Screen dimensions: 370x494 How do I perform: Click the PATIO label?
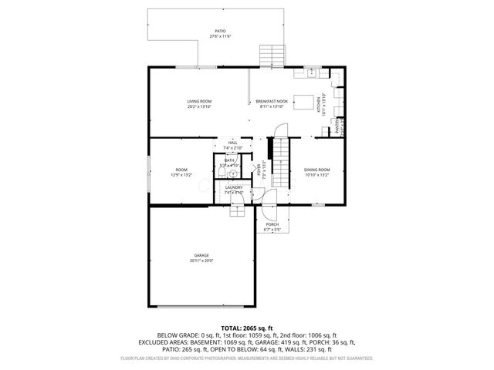[x=222, y=32]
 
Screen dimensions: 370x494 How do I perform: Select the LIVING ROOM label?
[x=199, y=102]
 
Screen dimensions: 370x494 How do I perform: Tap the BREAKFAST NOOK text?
[x=272, y=102]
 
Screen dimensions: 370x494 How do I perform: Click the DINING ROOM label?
[x=316, y=170]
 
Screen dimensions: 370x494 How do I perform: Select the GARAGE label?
[x=201, y=255]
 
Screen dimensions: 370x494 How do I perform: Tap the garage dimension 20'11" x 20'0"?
[x=201, y=261]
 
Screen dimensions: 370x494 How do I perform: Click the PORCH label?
[x=272, y=224]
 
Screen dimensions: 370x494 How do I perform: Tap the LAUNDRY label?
[x=234, y=187]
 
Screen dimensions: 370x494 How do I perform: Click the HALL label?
[x=232, y=143]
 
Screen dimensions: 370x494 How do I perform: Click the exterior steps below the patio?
[x=272, y=55]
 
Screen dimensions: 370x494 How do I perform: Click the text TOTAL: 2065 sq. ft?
[x=247, y=328]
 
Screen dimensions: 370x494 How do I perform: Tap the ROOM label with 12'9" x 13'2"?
[x=181, y=170]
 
